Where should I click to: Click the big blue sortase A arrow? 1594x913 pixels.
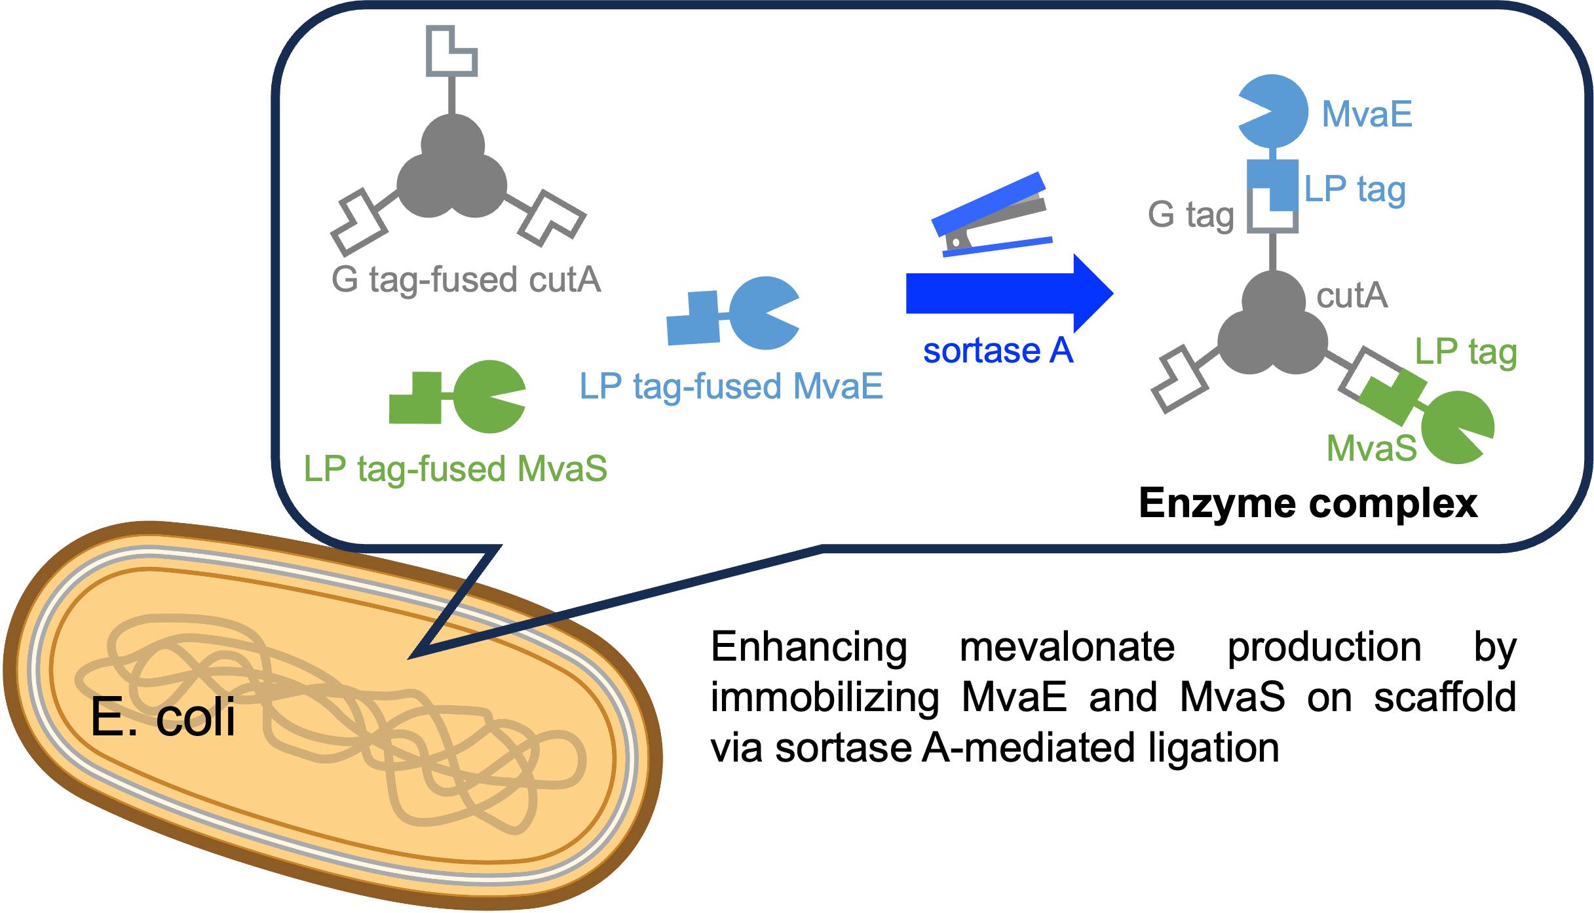1010,294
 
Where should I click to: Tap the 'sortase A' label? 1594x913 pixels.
998,351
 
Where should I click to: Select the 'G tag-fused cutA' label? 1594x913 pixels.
466,280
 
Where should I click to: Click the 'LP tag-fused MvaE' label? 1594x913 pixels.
731,386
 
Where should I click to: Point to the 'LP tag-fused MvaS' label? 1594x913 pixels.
455,469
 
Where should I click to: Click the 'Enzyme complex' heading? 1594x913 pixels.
1308,504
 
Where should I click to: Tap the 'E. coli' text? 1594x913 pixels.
162,717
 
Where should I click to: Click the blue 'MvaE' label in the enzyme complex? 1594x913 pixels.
1367,114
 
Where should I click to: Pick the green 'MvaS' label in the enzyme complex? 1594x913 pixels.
1372,448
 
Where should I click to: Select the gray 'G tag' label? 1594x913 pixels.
1190,215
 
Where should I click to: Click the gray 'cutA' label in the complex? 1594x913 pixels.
1352,296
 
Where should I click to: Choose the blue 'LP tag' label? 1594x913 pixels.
1355,189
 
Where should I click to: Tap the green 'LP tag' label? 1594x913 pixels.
1466,352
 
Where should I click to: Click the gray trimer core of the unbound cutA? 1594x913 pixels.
452,167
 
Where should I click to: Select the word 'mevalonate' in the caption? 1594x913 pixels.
1067,648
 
